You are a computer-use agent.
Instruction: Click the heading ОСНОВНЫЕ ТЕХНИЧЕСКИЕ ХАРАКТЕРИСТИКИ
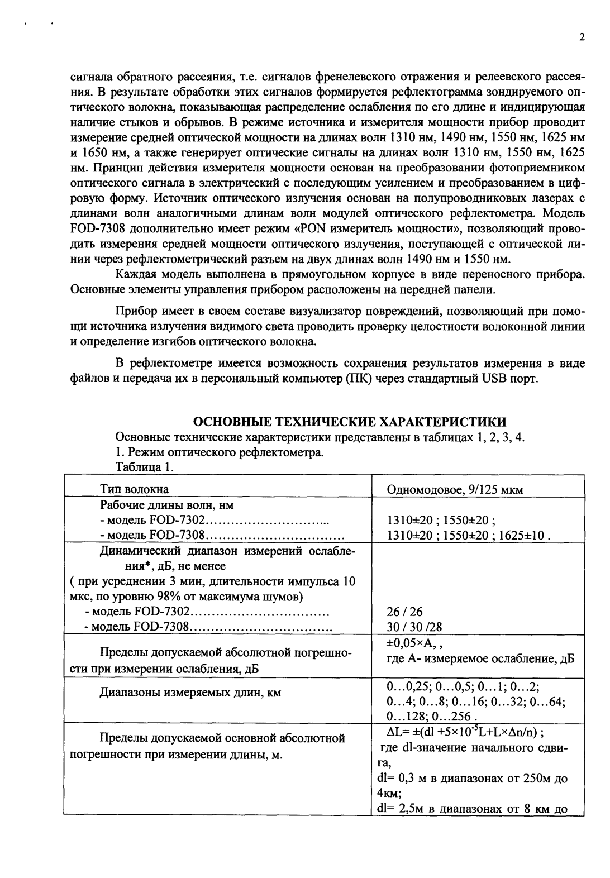click(350, 421)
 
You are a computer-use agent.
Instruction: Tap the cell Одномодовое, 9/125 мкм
click(454, 490)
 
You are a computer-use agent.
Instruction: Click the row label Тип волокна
click(134, 490)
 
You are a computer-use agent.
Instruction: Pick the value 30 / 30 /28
click(410, 626)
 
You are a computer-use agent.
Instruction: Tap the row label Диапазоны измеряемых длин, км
click(190, 693)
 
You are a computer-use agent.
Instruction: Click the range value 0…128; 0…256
click(432, 716)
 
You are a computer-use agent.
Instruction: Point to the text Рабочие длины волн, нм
click(166, 505)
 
